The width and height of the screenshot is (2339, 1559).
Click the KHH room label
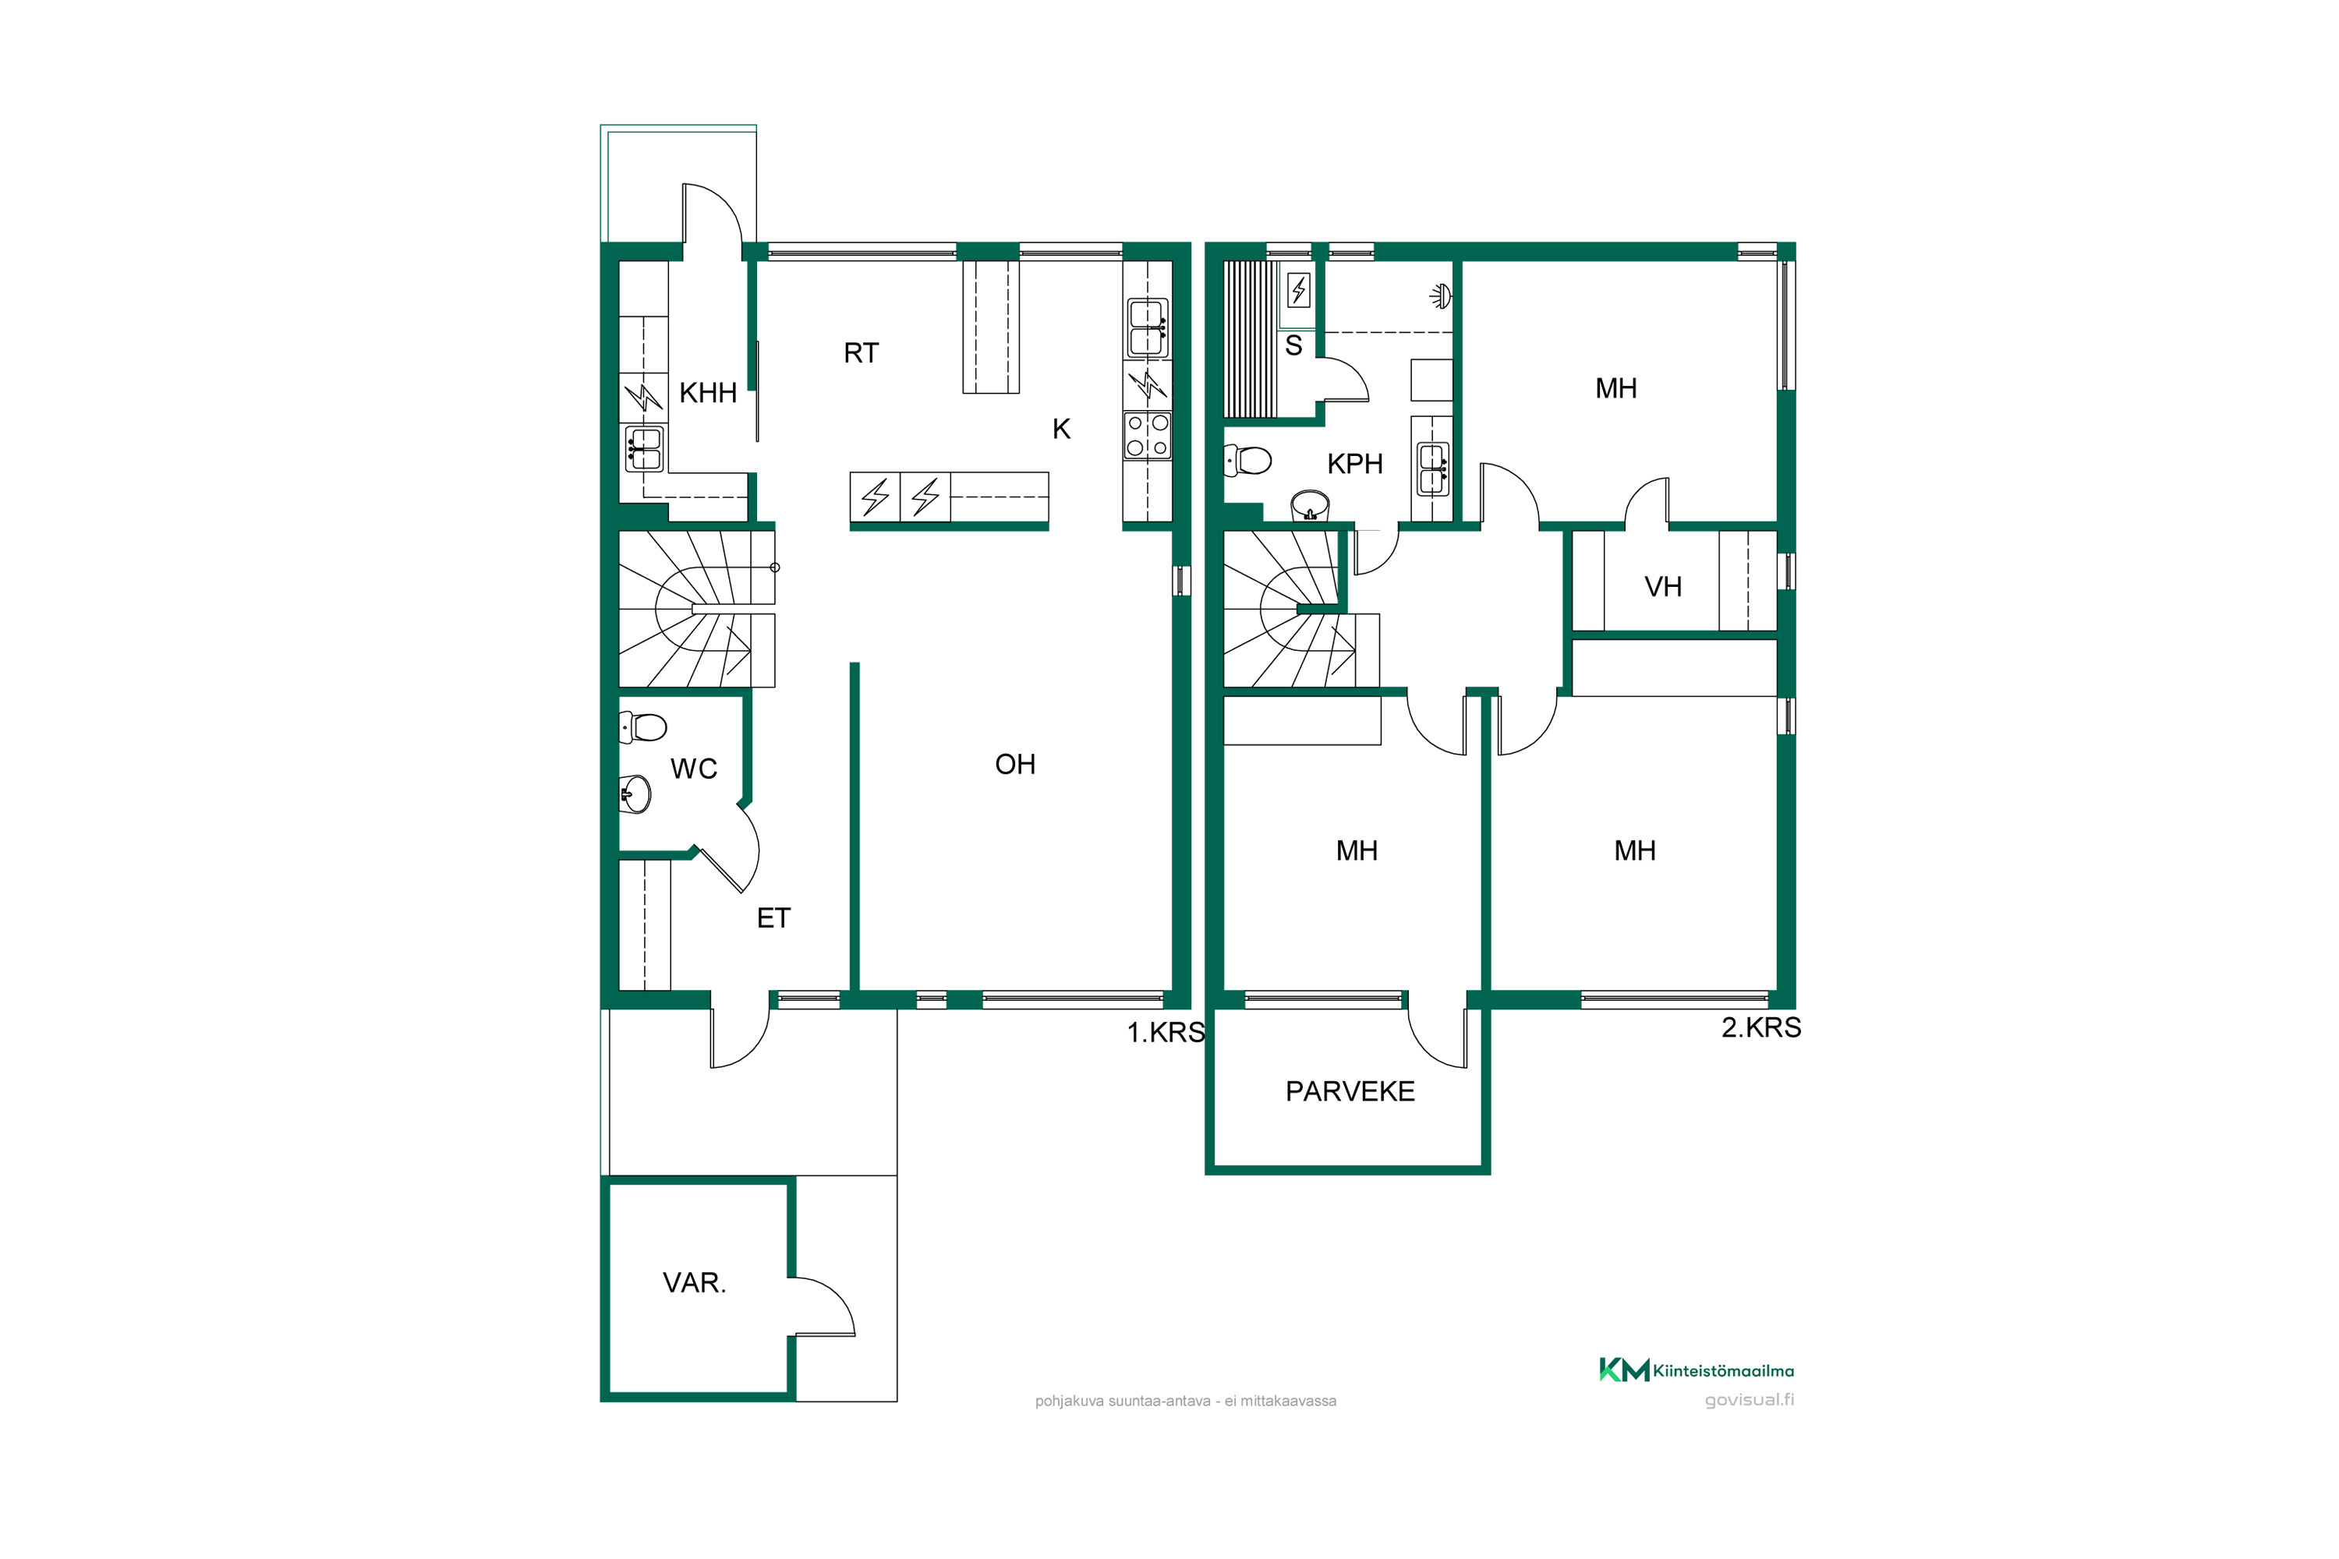707,393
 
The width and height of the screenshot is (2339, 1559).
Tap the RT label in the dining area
862,353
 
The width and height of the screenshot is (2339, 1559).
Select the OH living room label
1015,765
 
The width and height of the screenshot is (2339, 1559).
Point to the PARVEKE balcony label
1350,1092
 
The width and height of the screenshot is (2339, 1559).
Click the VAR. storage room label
694,1282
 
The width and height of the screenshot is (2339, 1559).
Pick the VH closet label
1663,587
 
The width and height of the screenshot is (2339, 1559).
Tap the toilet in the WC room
642,726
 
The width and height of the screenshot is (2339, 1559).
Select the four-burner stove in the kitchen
1148,436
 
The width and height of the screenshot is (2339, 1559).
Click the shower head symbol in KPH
1440,295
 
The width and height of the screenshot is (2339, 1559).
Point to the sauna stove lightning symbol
1299,289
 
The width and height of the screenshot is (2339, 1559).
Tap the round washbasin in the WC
635,794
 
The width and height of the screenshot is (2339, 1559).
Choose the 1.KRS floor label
1166,1032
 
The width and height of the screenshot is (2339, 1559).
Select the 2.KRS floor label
1761,1027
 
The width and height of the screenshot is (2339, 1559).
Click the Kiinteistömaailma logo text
1723,1371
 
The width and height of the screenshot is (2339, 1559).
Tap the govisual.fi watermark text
1750,1400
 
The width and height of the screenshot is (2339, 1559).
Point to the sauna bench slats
1249,339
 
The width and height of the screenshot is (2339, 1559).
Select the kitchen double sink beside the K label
1148,327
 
